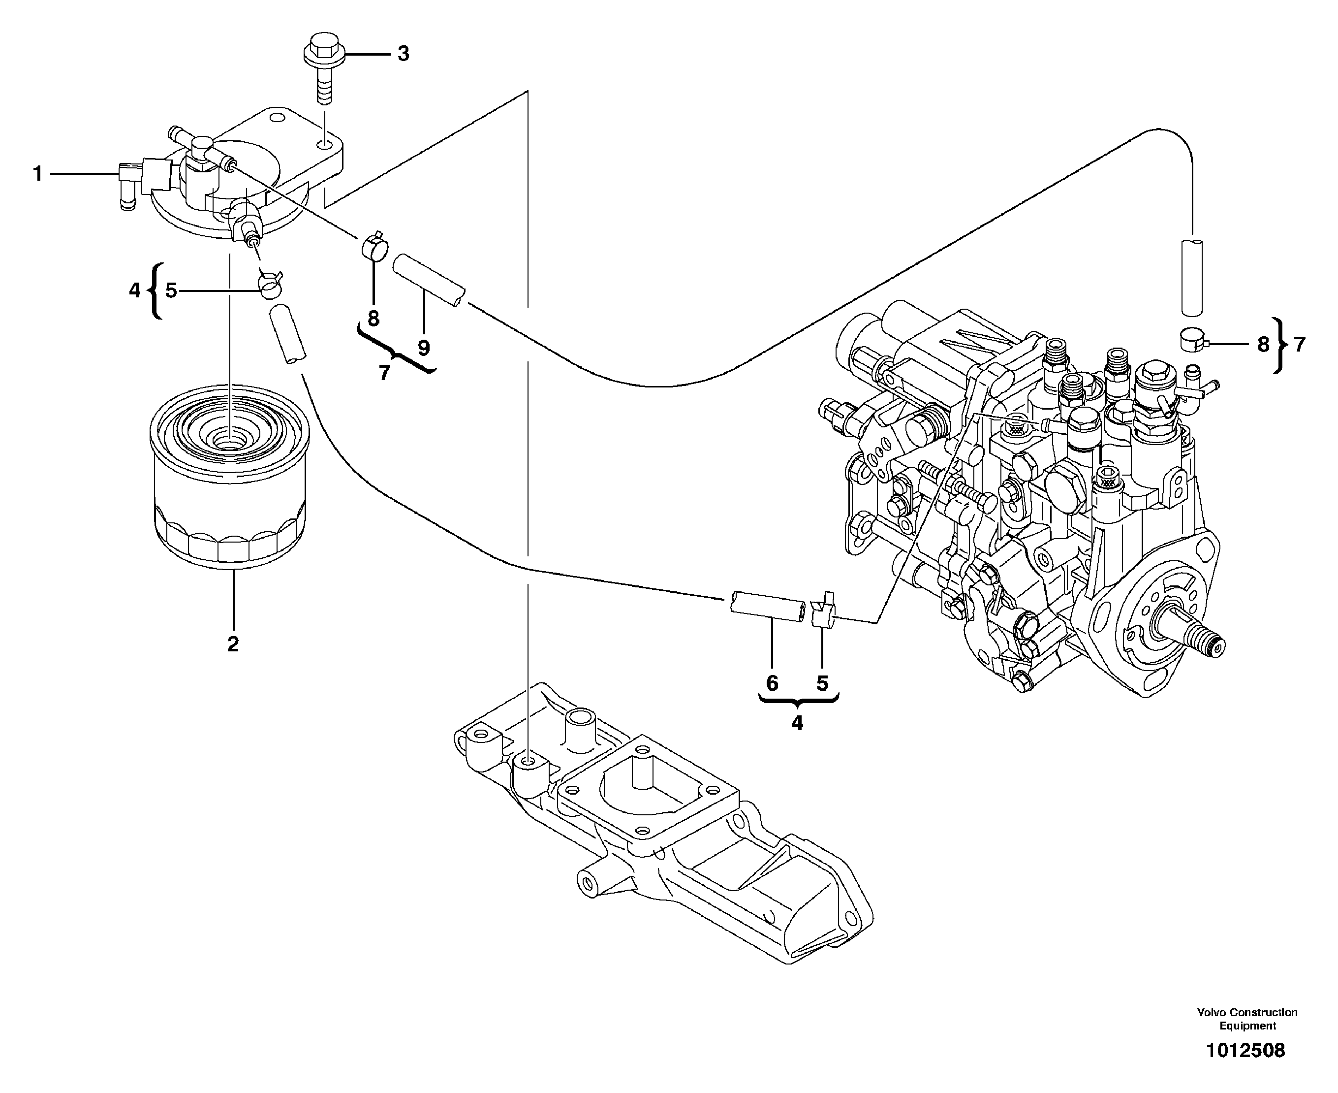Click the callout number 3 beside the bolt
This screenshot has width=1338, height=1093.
tap(404, 54)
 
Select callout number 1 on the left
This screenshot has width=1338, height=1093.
tap(38, 174)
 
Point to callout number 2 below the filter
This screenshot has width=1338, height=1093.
tap(233, 644)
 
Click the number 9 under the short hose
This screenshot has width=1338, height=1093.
tap(424, 348)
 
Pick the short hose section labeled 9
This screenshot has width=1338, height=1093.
tap(429, 280)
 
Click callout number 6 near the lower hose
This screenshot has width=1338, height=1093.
tap(772, 683)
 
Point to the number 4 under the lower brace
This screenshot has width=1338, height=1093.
tap(797, 723)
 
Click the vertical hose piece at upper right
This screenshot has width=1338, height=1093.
tap(1192, 276)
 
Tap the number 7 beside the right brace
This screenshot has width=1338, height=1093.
tap(1300, 345)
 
